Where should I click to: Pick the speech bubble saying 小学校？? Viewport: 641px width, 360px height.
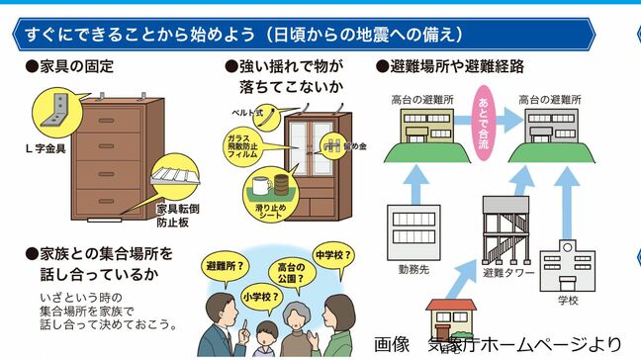(x=257, y=293)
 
